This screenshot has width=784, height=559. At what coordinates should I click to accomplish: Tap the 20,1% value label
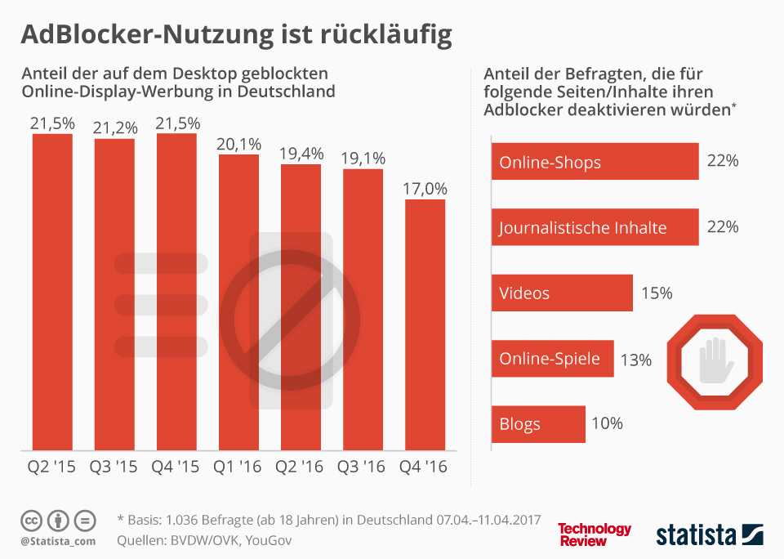click(x=239, y=144)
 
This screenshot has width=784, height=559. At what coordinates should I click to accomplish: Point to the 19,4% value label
click(x=301, y=154)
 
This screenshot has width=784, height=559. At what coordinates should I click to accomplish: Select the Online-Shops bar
click(x=595, y=162)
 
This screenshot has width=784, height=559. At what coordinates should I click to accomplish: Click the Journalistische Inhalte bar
click(x=595, y=227)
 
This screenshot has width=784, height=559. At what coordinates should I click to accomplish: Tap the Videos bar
click(x=562, y=293)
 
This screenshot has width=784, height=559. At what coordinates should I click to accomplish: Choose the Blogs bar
click(x=539, y=424)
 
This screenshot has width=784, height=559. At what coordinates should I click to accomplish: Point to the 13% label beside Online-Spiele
click(x=637, y=360)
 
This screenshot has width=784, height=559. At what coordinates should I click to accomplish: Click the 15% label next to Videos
click(x=656, y=293)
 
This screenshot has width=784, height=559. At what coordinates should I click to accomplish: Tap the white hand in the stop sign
click(x=716, y=360)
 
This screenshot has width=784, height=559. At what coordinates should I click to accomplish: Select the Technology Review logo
click(x=594, y=534)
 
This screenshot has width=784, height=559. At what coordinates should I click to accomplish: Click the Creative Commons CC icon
click(x=30, y=520)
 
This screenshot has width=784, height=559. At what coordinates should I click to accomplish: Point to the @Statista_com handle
click(x=58, y=541)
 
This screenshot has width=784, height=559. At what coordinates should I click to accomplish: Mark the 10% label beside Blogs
click(x=608, y=423)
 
